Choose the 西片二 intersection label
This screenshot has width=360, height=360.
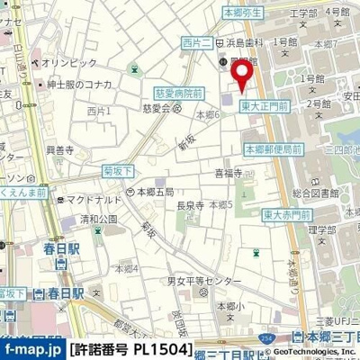(x=195, y=42)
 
